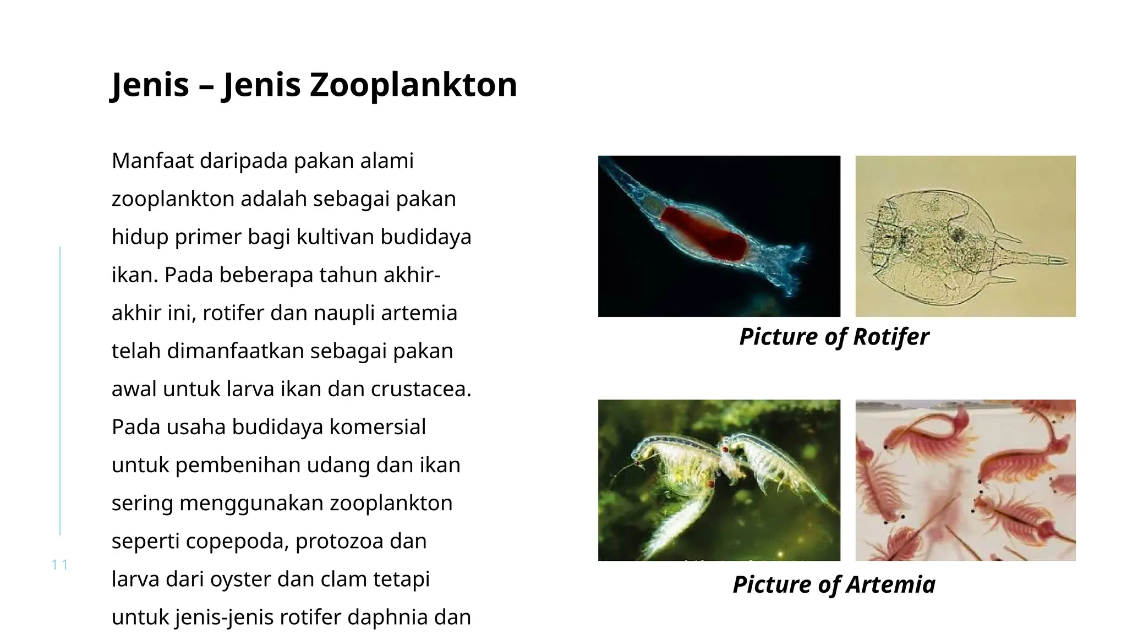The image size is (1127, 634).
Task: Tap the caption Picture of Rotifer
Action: coord(834,336)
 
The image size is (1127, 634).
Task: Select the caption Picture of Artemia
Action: coord(834,584)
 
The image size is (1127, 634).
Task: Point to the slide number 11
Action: coord(59,565)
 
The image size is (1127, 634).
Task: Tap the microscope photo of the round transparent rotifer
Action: coord(965,236)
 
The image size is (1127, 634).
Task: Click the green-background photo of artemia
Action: coord(719,480)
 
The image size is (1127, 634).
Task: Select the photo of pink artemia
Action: coord(965,480)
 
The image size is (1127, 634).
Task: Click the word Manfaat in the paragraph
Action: coord(152,161)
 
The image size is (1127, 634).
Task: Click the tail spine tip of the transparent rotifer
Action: coord(1065,261)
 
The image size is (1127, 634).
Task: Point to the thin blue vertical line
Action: coord(60,391)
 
